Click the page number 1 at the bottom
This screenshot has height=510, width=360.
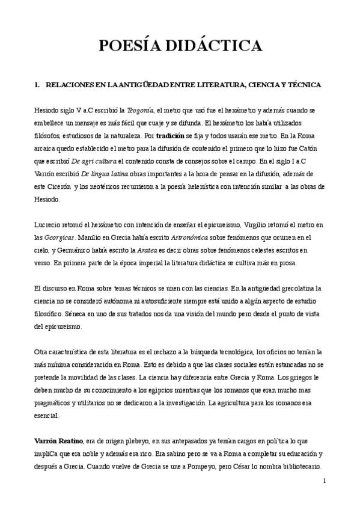(x=324, y=481)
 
